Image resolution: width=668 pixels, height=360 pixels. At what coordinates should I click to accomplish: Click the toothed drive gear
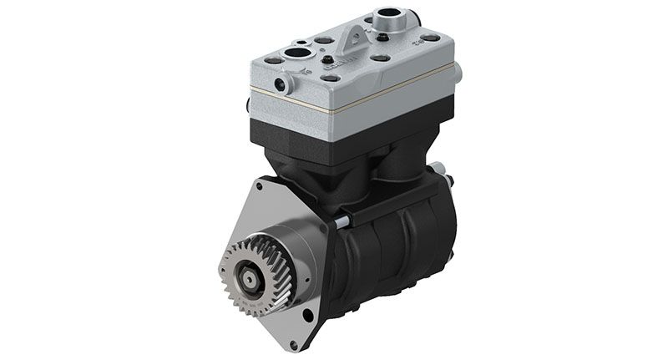pos(260,276)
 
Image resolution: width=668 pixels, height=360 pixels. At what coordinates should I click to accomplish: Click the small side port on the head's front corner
pos(283,81)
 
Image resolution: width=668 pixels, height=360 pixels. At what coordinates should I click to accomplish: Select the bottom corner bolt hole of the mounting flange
pos(310,315)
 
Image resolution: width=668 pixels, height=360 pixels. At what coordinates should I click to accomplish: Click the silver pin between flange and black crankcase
pos(342,221)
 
